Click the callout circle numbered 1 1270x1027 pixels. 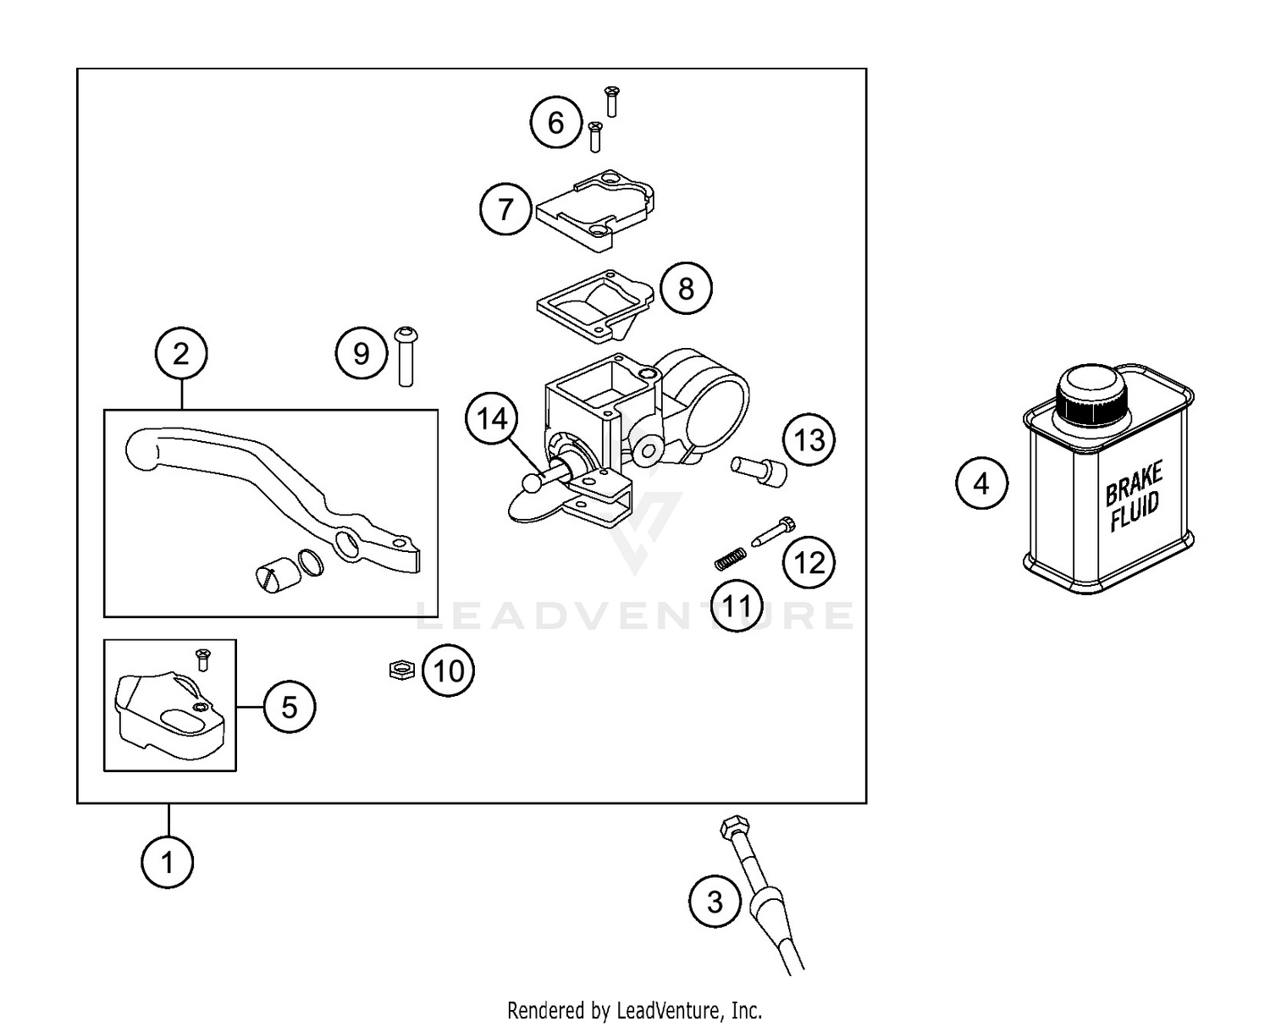point(168,862)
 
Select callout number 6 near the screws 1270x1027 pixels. point(555,123)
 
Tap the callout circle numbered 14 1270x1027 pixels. point(492,419)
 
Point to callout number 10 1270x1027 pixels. point(449,671)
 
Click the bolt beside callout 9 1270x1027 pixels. point(406,356)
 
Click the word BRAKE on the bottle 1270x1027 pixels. point(1135,481)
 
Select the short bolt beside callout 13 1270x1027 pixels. point(758,467)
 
